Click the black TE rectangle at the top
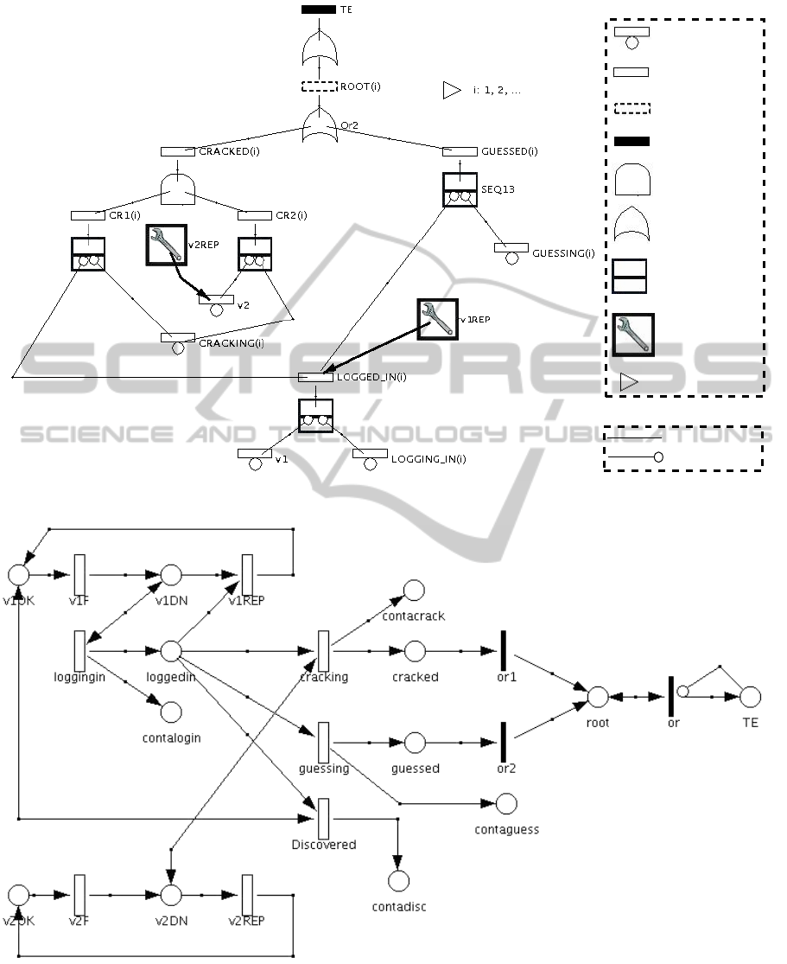(319, 10)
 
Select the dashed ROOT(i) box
(319, 86)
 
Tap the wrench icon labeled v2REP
(166, 244)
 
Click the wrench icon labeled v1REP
(437, 320)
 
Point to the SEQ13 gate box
(460, 189)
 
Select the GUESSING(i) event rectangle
(511, 248)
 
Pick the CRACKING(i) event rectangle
(178, 337)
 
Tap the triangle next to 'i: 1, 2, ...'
(451, 90)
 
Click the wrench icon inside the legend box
(633, 335)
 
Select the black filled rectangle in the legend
(632, 141)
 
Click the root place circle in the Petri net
(597, 697)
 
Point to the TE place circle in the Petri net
(749, 697)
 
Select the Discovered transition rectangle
(323, 817)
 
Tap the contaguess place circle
(506, 804)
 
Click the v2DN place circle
(170, 896)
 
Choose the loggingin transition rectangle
(79, 649)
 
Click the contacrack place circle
(414, 591)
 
